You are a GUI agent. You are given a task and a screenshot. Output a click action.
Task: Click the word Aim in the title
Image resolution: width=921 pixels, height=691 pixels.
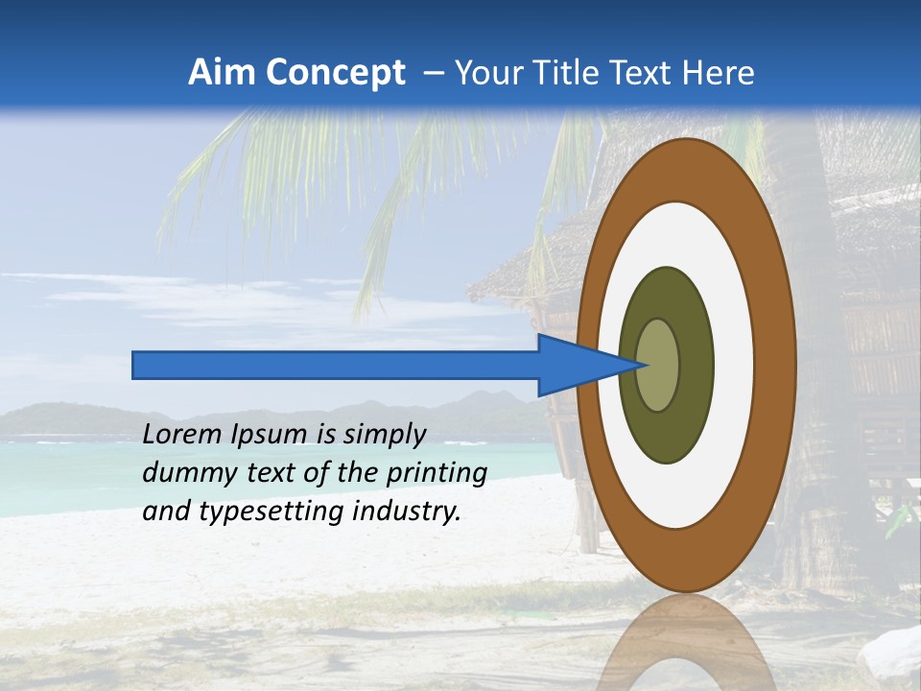click(222, 73)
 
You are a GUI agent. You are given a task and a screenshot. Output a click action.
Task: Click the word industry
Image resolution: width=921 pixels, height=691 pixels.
click(406, 512)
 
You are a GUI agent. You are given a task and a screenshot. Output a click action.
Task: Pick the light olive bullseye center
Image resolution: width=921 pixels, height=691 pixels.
click(658, 366)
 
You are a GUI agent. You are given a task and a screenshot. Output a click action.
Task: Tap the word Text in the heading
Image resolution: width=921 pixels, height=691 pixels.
click(647, 73)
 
